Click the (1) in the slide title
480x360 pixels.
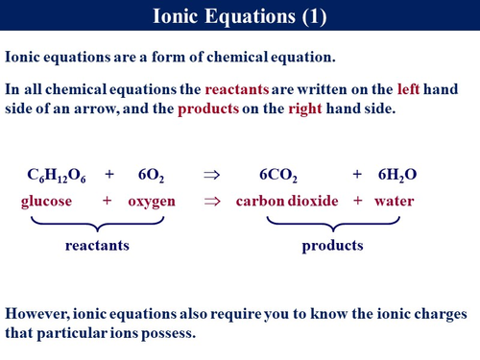310,17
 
